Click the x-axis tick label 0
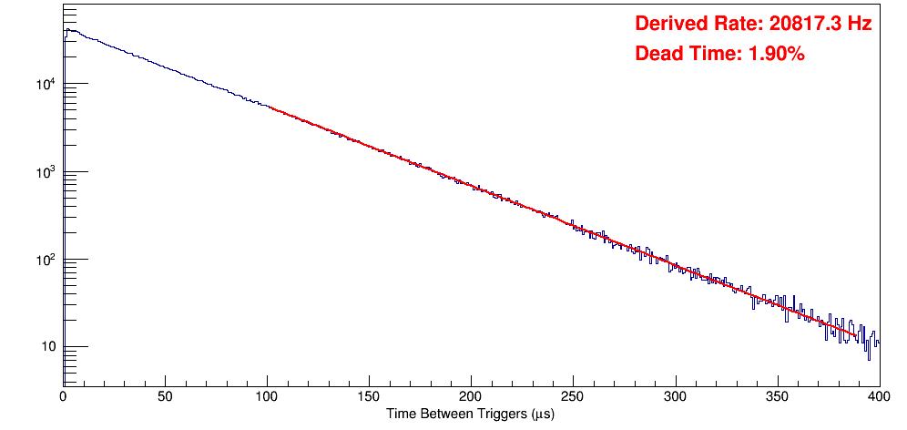point(63,396)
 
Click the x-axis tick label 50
point(165,396)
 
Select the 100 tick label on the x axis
point(267,396)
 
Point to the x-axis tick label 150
point(369,396)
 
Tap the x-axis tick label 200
point(471,396)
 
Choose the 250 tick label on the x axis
point(573,396)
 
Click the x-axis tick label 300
point(675,396)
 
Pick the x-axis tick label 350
point(777,396)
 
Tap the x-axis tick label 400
point(879,396)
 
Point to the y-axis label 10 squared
point(46,260)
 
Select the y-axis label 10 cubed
point(46,172)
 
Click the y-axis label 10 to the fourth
point(46,85)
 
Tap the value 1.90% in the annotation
point(776,54)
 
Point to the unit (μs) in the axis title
point(540,414)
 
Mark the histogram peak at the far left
point(66,29)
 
